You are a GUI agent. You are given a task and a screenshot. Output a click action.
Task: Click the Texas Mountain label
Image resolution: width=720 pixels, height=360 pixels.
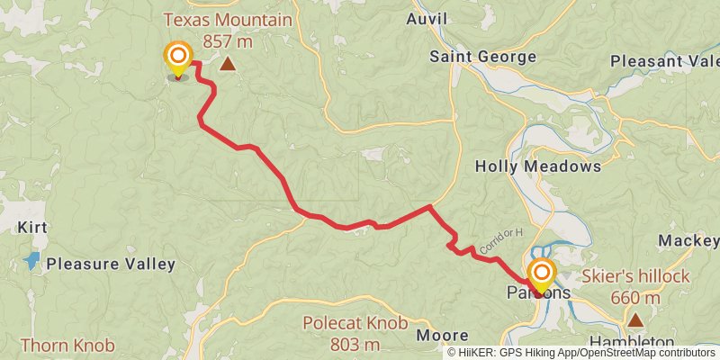pos(227,19)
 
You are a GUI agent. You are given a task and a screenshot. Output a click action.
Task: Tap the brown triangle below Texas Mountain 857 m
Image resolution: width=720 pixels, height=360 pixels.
pos(229,64)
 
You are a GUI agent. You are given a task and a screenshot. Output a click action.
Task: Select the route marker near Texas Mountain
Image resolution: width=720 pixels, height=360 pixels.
pos(178,58)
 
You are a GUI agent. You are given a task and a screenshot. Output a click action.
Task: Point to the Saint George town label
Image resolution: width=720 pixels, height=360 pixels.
pos(482,57)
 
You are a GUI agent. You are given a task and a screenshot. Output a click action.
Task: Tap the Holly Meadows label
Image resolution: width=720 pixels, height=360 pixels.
pos(537,166)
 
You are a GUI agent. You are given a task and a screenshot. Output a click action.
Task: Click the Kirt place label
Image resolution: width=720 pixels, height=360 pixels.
pos(31,228)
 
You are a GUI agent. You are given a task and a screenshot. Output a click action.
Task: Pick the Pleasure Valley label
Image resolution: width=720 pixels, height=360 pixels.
pos(111,265)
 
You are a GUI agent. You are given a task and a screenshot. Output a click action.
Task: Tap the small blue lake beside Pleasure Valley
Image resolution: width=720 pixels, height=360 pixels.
pos(32,261)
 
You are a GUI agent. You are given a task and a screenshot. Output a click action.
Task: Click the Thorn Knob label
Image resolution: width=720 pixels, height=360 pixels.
pos(67,345)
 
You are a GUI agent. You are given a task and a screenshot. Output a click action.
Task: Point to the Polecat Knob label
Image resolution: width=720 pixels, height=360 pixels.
pos(355,323)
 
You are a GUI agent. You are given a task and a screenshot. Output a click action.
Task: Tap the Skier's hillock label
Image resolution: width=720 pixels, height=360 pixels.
pos(635,276)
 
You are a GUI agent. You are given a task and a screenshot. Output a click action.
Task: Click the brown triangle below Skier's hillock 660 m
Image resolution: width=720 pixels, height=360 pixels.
pos(635,319)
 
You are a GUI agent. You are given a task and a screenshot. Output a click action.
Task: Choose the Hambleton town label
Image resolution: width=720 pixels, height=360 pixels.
pos(632,343)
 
